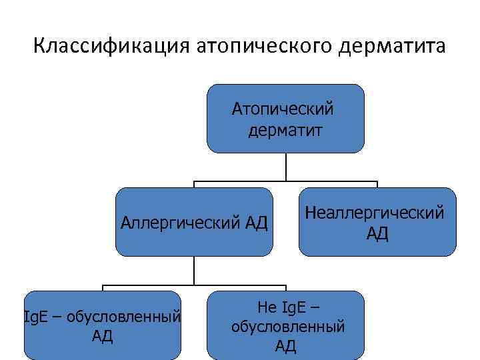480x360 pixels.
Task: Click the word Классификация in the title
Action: click(x=111, y=48)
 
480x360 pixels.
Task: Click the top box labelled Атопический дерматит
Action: click(x=285, y=119)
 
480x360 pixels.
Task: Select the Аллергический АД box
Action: click(x=194, y=222)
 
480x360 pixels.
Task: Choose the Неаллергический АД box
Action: click(x=377, y=222)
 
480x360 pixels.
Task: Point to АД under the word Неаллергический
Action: click(x=377, y=234)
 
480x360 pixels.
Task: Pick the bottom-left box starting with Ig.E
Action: click(x=102, y=325)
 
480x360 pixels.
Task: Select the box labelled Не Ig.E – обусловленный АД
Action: click(x=286, y=325)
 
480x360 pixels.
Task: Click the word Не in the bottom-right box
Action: click(x=265, y=308)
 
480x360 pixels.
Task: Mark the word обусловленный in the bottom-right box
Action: click(x=287, y=327)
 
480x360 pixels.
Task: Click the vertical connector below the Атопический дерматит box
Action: click(x=286, y=167)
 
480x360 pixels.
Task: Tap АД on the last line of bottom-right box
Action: click(x=286, y=345)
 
